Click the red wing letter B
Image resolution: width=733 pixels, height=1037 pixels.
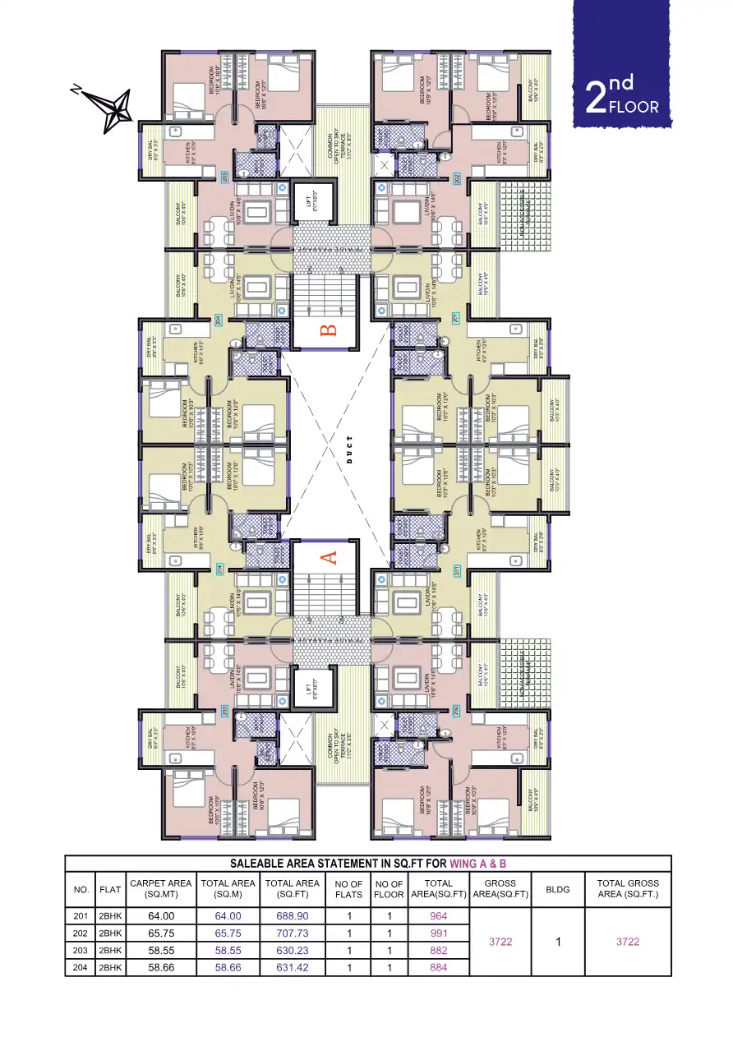328,331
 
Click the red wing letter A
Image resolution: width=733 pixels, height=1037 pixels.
328,558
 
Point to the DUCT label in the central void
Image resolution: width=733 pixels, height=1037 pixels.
348,449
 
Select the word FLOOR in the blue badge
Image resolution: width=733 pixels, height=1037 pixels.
634,107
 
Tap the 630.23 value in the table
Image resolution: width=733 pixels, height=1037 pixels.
292,951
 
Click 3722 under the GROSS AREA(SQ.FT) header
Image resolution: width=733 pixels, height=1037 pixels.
500,942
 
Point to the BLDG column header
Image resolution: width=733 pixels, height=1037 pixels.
557,889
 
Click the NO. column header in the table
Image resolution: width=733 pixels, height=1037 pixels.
81,889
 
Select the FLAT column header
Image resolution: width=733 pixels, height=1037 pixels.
110,889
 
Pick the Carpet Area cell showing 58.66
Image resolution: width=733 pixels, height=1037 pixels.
161,968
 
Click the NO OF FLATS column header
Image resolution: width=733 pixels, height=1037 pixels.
348,889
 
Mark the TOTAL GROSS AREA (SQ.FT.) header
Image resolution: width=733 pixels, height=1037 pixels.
628,889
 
